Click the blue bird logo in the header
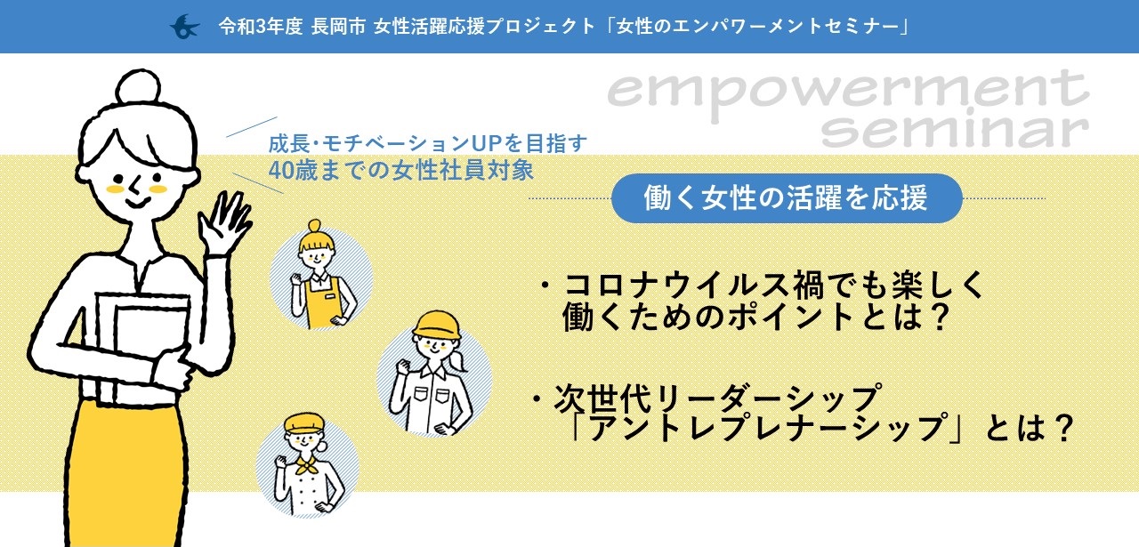tap(184, 27)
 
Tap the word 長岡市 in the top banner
tap(339, 27)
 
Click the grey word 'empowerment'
tap(848, 93)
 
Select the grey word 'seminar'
tap(956, 130)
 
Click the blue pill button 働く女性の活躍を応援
tap(787, 198)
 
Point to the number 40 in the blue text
tap(280, 170)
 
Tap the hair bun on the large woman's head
tap(138, 87)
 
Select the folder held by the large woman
tap(143, 335)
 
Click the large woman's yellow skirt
tap(127, 473)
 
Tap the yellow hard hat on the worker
tap(437, 325)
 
